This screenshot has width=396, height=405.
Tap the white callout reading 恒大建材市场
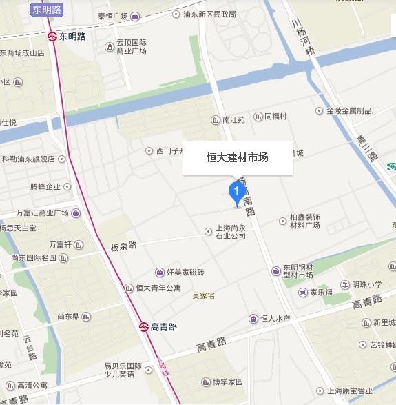click(238, 157)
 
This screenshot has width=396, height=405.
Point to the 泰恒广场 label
click(114, 15)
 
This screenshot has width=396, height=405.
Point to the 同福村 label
click(275, 117)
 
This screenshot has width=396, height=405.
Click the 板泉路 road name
click(123, 245)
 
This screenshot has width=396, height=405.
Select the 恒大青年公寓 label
click(158, 288)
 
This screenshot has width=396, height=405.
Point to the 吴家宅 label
click(203, 296)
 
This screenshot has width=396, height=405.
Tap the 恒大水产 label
click(275, 318)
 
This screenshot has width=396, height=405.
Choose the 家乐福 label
click(320, 292)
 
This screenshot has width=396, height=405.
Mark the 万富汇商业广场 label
click(52, 213)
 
